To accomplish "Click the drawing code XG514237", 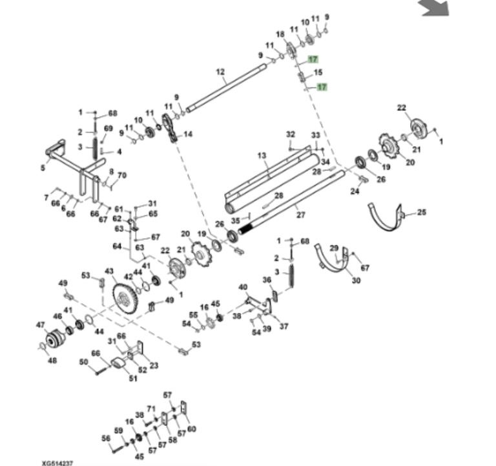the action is (57, 463).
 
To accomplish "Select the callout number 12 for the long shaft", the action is (220, 72).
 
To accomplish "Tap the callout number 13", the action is (262, 155).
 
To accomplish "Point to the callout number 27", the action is (300, 215).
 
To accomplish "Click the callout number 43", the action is (109, 271).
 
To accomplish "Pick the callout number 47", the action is (41, 325).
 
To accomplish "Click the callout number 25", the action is (422, 212).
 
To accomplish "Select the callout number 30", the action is (356, 280).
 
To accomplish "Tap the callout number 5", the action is (43, 167).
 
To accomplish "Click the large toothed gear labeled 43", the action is (125, 299).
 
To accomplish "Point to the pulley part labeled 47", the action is (56, 340).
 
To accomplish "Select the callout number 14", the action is (188, 134).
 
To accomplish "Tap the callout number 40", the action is (243, 287).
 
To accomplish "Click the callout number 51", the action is (133, 378).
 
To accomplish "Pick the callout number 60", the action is (192, 429).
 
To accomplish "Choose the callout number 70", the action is (122, 175).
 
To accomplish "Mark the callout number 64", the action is (117, 246).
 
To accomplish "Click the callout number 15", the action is (318, 72).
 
